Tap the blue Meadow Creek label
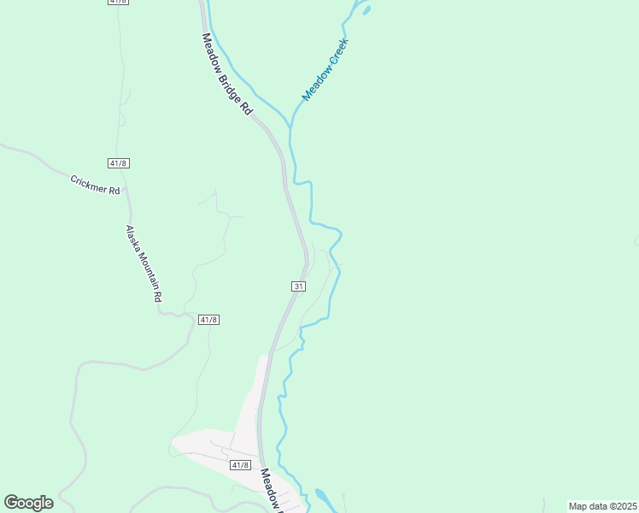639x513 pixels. (325, 70)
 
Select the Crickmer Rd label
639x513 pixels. (95, 185)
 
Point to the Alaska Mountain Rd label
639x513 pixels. (144, 263)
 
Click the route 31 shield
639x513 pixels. (298, 286)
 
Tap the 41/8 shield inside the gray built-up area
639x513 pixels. (240, 464)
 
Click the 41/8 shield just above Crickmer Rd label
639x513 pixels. (119, 162)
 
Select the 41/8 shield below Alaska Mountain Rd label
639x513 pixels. (208, 319)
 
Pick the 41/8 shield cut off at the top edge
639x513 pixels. (119, 2)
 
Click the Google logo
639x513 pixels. (28, 503)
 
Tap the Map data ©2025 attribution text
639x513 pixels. (602, 506)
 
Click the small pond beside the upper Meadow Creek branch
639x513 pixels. (366, 11)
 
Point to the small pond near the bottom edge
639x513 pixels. (322, 497)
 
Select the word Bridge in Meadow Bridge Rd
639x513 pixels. (229, 77)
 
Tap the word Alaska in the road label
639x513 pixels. (132, 236)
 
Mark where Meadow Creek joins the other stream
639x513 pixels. (292, 128)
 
